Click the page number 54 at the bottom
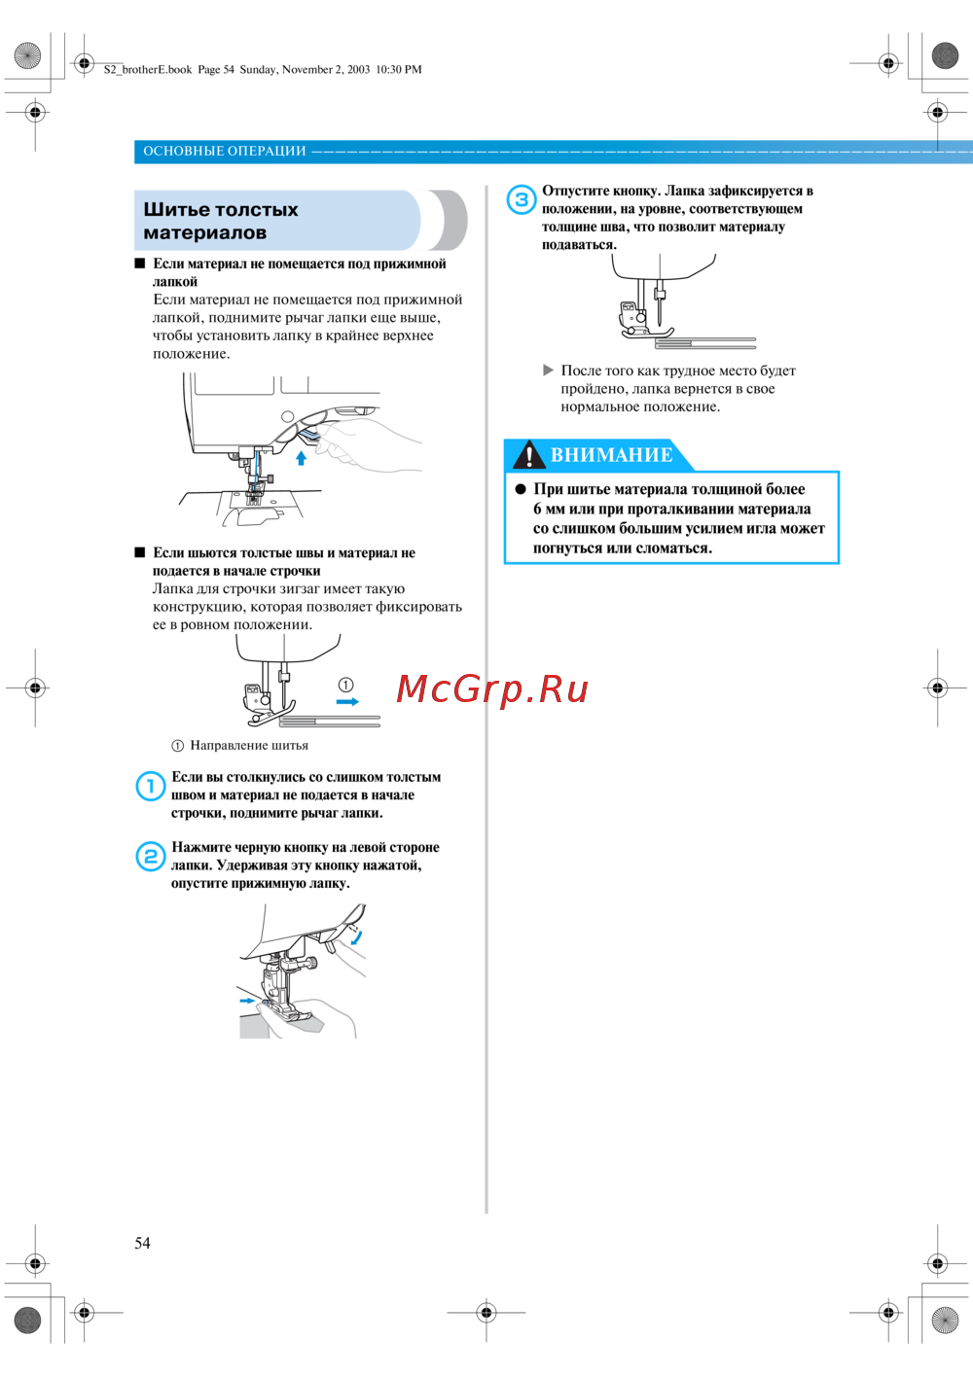click(x=142, y=1243)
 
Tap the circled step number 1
click(x=150, y=786)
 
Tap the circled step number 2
click(x=150, y=856)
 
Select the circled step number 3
click(x=522, y=199)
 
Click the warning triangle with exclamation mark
click(x=528, y=455)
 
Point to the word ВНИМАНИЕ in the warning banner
click(x=611, y=455)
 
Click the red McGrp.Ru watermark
click(x=492, y=689)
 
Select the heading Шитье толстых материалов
click(x=221, y=221)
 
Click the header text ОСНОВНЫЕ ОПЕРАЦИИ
click(x=225, y=151)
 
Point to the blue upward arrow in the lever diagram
click(x=302, y=457)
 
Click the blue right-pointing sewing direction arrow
click(x=347, y=701)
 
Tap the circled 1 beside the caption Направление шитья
click(x=177, y=746)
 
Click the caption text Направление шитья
click(x=249, y=746)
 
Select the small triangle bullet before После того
click(x=549, y=370)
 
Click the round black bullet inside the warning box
click(x=521, y=489)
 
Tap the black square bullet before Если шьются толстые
click(x=140, y=552)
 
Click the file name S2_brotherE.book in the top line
click(x=148, y=70)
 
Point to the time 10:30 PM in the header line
click(x=399, y=70)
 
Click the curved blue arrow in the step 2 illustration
click(x=357, y=937)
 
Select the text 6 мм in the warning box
click(x=549, y=509)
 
